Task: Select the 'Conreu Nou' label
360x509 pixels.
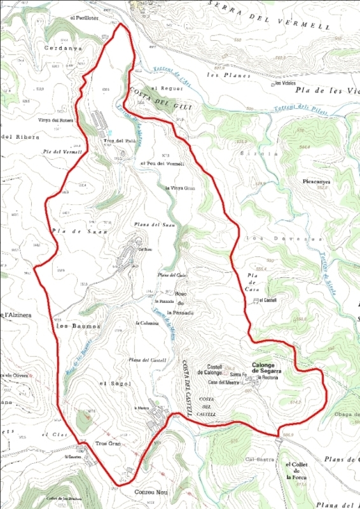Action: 150,492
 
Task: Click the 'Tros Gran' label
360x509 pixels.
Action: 108,443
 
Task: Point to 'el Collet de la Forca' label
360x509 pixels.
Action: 296,470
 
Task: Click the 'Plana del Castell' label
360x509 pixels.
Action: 148,360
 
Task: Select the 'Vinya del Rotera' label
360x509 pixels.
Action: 57,120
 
